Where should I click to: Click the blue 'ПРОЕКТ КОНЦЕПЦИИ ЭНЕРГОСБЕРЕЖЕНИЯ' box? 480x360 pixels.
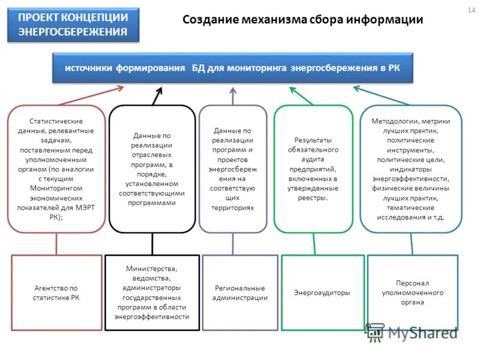tap(73, 25)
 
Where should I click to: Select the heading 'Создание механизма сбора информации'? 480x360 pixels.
tap(302, 20)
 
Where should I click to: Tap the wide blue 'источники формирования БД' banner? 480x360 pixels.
tap(233, 68)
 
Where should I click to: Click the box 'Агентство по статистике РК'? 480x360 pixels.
tap(56, 293)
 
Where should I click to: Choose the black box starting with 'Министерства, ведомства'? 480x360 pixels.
tap(152, 293)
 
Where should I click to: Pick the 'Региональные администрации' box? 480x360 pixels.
tap(241, 293)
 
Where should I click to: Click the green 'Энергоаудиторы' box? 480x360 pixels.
tap(322, 293)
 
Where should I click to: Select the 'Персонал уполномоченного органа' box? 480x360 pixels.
tap(412, 293)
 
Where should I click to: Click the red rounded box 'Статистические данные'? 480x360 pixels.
tap(56, 169)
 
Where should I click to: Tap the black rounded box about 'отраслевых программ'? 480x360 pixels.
tap(152, 169)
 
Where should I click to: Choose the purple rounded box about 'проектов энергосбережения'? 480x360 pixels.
tap(233, 169)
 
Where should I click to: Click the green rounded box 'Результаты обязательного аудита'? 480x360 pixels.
tap(313, 169)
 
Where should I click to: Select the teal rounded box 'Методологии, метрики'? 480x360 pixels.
tap(411, 169)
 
